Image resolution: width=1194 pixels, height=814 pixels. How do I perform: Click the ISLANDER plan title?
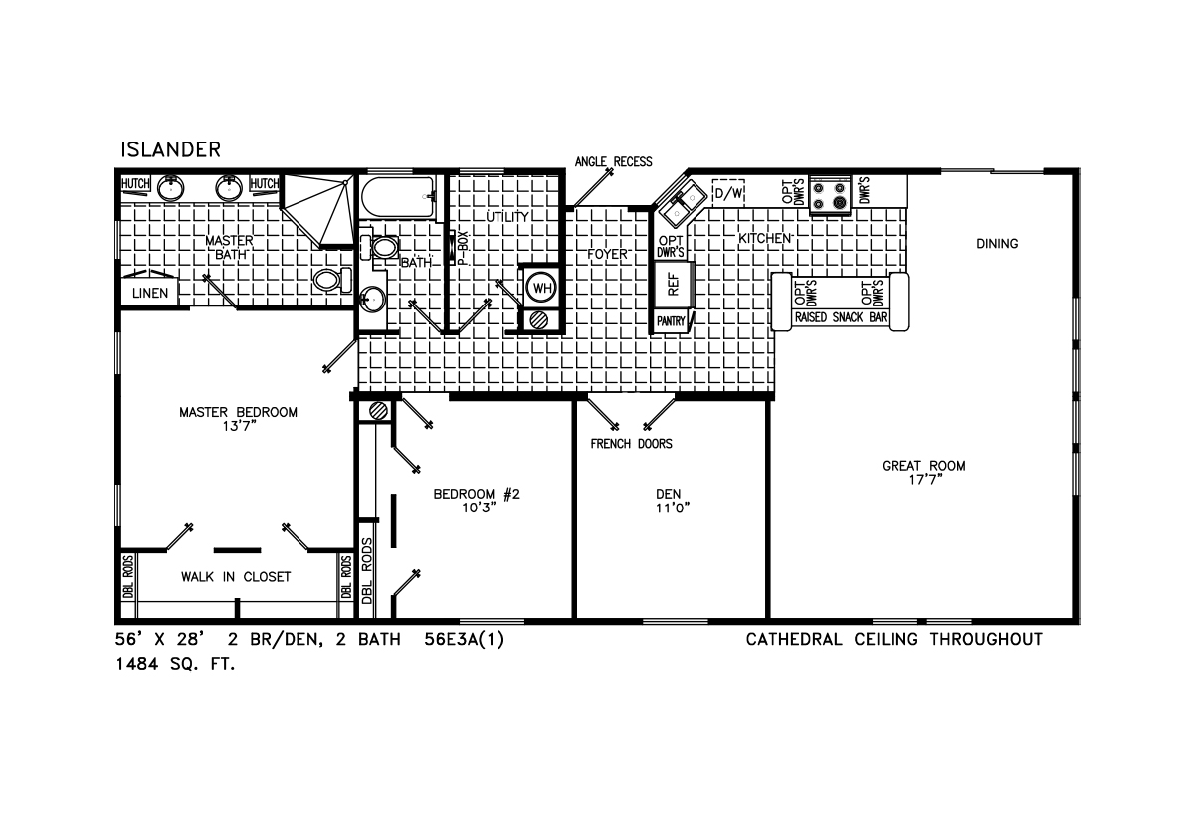pos(170,150)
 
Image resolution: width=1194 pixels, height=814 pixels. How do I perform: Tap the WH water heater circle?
pos(542,288)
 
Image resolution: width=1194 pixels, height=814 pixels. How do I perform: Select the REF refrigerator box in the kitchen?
pos(674,285)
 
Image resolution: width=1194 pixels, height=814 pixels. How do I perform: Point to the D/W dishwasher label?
pos(728,193)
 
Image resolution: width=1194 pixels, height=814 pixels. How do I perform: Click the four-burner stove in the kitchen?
pos(830,195)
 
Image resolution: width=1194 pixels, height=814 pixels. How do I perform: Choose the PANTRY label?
pos(671,321)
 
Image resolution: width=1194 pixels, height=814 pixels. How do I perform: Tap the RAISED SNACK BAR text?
pos(841,317)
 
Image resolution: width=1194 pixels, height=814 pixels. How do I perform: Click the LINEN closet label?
pos(150,293)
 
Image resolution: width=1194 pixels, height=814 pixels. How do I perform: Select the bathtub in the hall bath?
pos(398,197)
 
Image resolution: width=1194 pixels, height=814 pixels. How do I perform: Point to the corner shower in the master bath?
pos(318,210)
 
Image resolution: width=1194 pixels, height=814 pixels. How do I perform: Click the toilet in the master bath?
pos(332,280)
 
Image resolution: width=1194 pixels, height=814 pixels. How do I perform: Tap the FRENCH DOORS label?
pos(631,444)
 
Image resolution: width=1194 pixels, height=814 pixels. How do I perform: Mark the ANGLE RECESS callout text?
pos(613,161)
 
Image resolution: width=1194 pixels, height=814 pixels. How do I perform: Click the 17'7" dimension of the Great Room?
pos(925,480)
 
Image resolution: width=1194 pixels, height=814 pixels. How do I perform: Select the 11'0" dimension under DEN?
pos(673,508)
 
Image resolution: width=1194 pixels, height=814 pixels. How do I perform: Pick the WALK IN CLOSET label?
pos(236,577)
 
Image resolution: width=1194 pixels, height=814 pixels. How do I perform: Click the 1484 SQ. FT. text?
pos(175,664)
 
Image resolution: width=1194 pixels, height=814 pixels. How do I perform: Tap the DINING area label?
pos(997,244)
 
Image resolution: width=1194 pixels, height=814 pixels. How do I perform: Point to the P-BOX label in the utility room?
pos(462,248)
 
